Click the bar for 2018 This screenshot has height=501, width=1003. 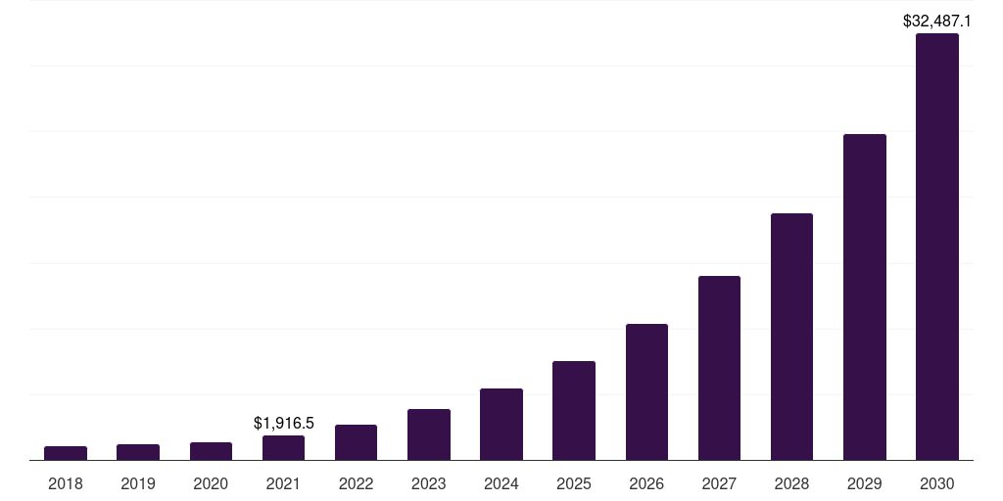tap(66, 453)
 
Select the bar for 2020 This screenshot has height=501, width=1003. tap(211, 451)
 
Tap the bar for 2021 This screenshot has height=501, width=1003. tap(283, 448)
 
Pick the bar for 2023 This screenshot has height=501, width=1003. tap(429, 434)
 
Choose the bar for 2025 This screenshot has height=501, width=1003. tap(574, 411)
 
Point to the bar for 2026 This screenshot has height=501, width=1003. tap(646, 392)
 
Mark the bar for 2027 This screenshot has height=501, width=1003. tap(719, 368)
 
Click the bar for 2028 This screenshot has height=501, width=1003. tap(791, 337)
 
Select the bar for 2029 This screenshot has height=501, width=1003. tap(864, 297)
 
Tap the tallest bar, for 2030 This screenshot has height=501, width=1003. tap(936, 247)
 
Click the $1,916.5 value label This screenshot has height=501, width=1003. tap(283, 423)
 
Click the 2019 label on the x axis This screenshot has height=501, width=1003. tap(138, 483)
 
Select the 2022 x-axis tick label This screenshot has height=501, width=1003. tap(357, 483)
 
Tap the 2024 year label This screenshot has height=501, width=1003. tap(501, 483)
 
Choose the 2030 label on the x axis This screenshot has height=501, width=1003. tap(936, 483)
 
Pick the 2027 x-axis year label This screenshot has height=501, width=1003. tap(719, 483)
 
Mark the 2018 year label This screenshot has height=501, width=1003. tap(66, 483)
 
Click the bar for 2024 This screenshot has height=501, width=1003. tap(501, 425)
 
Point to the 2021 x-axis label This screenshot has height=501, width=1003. tap(283, 483)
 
